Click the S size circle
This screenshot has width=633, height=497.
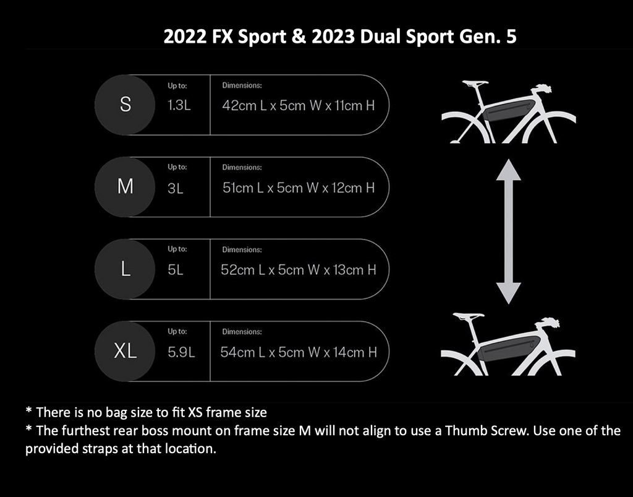click(125, 105)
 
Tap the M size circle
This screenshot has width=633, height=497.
click(125, 186)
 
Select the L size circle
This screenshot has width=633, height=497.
click(125, 269)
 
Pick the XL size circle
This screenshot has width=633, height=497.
click(125, 352)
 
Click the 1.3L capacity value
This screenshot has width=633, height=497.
click(179, 105)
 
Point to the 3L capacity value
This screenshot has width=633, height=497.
click(176, 188)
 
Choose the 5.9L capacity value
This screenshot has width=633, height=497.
click(181, 352)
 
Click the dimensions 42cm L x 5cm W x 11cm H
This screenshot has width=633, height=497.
click(298, 105)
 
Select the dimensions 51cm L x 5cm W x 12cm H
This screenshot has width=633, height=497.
click(298, 188)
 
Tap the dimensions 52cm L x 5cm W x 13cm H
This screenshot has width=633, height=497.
click(298, 270)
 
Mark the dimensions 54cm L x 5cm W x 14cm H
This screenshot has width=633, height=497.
click(298, 352)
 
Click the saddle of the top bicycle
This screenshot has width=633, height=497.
click(474, 82)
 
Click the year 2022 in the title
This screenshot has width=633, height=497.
click(184, 37)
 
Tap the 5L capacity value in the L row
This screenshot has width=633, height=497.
click(176, 270)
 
